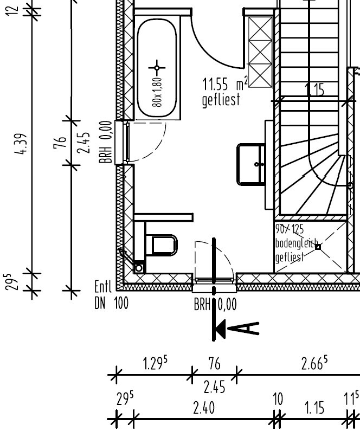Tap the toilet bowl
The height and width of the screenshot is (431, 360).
pos(164,245)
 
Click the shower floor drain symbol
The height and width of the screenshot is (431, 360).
pos(318,247)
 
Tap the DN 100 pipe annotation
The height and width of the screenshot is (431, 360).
pos(111,304)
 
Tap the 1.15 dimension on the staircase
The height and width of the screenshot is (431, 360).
pos(314,90)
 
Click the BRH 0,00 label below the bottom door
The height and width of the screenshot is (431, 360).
pos(215,305)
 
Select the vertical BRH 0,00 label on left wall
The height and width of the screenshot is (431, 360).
pos(108,142)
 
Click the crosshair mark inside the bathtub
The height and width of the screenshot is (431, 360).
pos(157,68)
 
